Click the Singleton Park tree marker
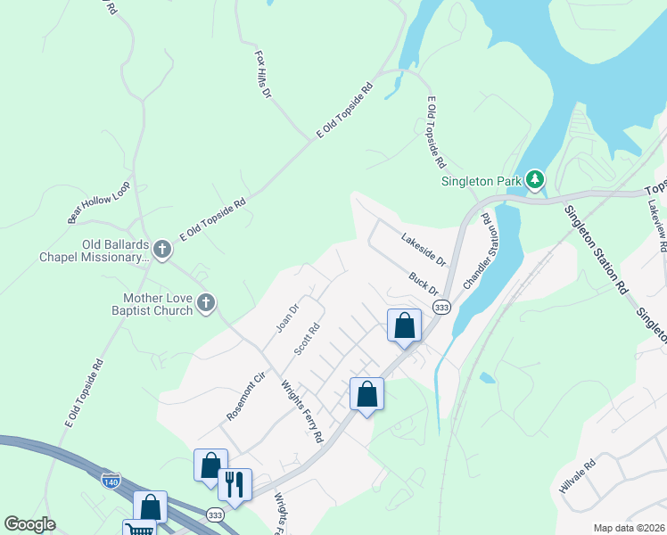[535, 181]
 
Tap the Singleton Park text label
[482, 182]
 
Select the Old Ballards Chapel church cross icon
[161, 249]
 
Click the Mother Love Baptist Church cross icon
[205, 303]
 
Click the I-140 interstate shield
[111, 481]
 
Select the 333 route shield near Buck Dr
[441, 307]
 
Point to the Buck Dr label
[424, 284]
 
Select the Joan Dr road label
[286, 317]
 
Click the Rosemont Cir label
[246, 397]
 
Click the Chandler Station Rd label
[477, 251]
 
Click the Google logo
[29, 523]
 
